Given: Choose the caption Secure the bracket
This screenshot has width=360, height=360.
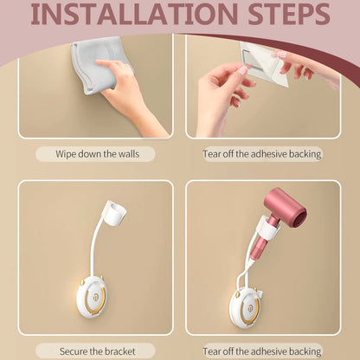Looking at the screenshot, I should pos(95,351).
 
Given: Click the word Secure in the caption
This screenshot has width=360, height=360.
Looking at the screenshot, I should pos(75,351).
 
